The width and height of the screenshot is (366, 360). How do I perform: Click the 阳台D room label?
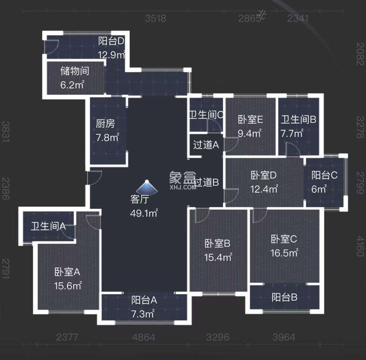point(112,41)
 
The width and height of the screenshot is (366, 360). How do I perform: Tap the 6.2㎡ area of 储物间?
point(72,84)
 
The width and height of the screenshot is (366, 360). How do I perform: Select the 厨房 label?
point(105,124)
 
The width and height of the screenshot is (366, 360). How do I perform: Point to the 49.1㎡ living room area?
point(144,213)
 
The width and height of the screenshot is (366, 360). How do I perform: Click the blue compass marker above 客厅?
point(147,186)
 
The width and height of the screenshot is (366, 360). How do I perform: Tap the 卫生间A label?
point(48,227)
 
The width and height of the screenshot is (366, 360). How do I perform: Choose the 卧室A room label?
point(68,272)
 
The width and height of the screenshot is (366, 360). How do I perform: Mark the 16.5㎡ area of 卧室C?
point(284,252)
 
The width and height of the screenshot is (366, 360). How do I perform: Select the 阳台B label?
point(285,297)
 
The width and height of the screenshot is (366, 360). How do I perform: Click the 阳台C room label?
point(324,175)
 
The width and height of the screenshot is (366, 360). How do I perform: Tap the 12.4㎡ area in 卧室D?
point(264,189)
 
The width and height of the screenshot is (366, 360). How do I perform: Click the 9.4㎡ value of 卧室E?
point(249,133)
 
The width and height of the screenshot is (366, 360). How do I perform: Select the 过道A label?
point(206,145)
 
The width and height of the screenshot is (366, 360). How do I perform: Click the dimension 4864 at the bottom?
point(144,337)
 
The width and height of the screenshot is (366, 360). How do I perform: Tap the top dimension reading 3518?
point(155,18)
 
